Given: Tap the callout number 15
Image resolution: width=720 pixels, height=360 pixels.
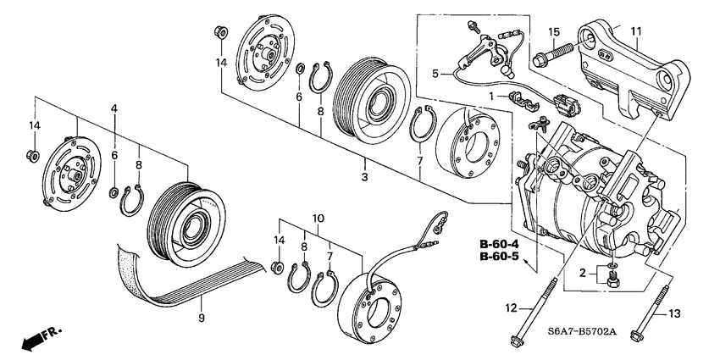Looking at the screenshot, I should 553,32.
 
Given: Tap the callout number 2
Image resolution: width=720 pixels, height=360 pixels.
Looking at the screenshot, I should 583,274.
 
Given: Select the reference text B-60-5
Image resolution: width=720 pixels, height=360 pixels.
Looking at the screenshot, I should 499,256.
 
